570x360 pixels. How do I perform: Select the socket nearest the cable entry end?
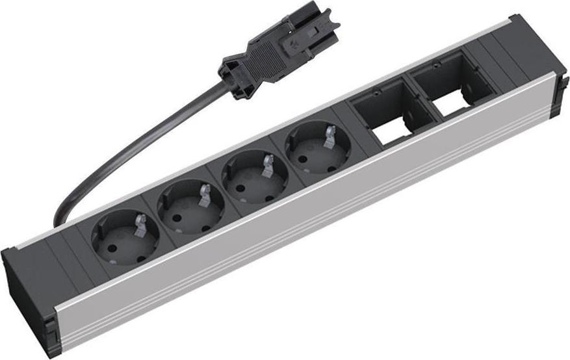(x=123, y=235)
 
